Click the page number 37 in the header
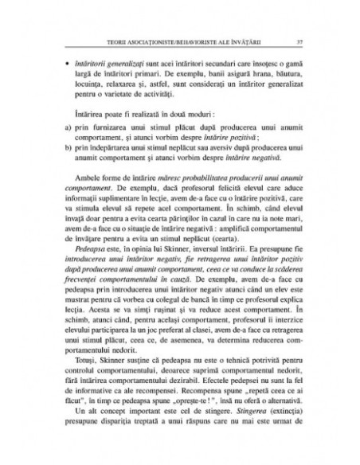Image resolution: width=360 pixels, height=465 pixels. [296, 41]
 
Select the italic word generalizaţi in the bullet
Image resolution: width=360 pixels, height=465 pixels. [121, 60]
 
